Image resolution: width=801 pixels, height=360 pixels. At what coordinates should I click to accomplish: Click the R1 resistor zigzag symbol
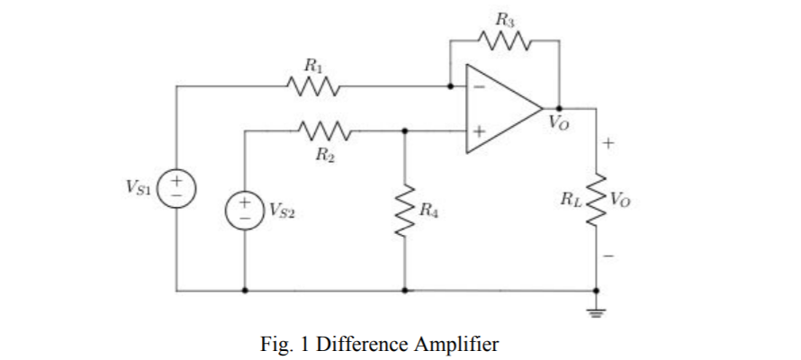point(312,87)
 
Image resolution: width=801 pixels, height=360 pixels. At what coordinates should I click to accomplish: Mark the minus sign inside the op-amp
point(480,87)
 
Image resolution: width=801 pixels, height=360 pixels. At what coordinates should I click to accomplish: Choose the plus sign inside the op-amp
point(480,131)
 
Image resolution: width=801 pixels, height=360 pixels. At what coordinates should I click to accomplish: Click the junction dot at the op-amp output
point(559,109)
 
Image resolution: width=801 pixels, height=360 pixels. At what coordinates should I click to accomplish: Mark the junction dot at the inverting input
point(451,87)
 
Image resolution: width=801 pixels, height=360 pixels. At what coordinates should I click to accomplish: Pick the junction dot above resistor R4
point(405,130)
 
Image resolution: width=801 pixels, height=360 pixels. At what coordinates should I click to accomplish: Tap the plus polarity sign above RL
point(608,142)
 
